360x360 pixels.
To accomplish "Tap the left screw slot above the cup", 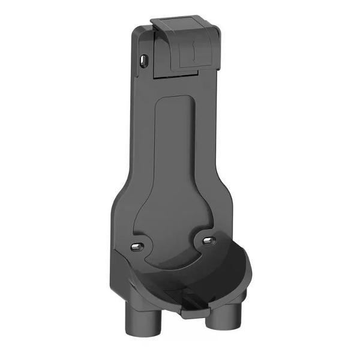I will tap(137, 245).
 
